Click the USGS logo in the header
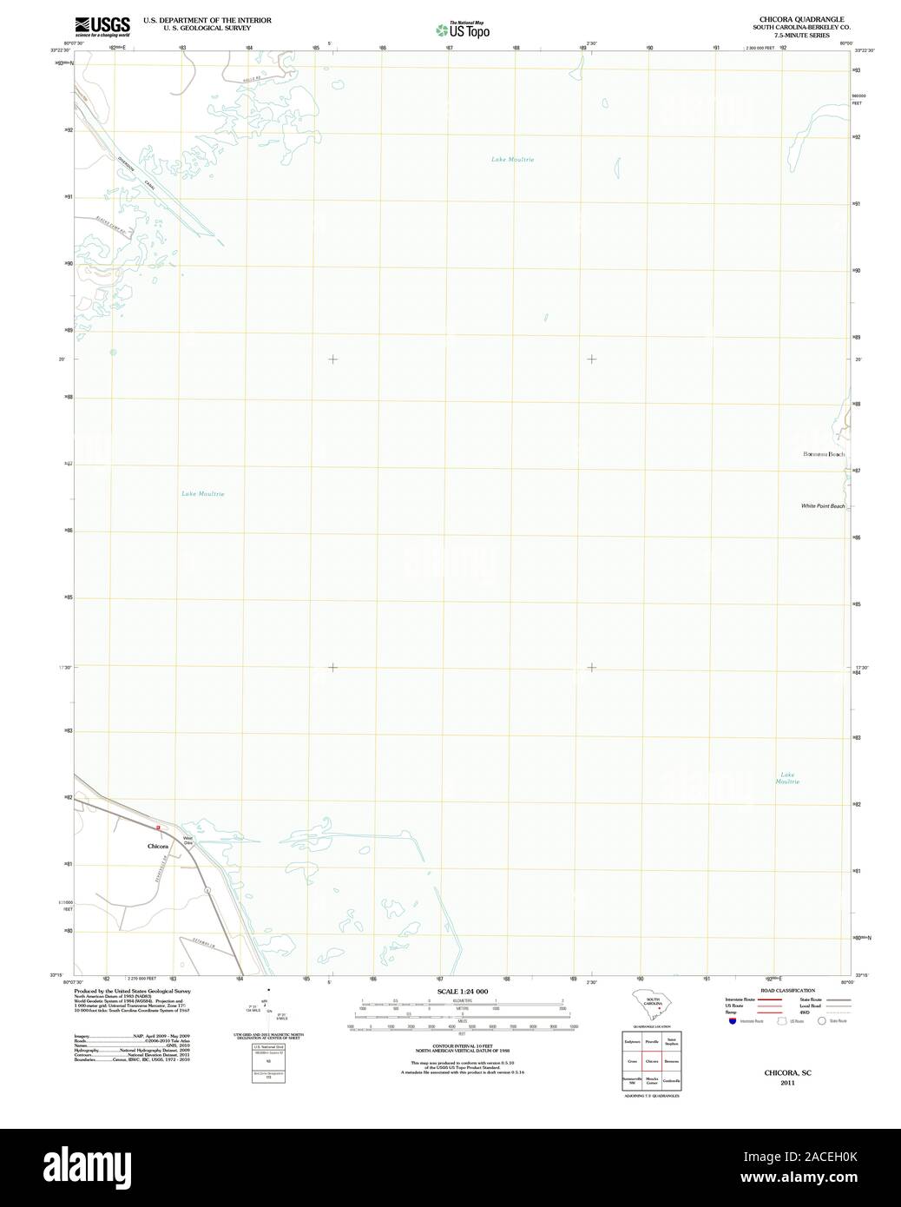pos(102,25)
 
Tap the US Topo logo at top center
pos(464,30)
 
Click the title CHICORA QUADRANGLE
pos(789,19)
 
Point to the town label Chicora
pos(157,843)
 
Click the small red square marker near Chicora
pos(158,828)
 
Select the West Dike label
pos(187,840)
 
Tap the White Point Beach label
pos(822,505)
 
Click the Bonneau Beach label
pos(822,454)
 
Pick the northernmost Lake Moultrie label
pos(512,160)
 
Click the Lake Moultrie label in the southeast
pos(787,778)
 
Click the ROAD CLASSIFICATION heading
pos(786,991)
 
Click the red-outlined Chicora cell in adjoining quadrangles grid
pos(652,1061)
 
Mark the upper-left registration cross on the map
pos(332,359)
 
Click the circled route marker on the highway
pos(207,891)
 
